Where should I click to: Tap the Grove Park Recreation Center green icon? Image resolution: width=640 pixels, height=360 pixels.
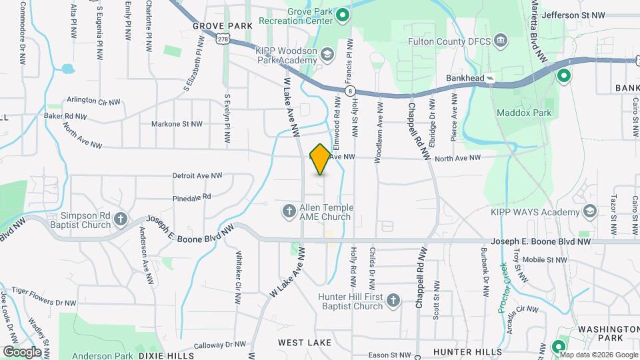(343, 15)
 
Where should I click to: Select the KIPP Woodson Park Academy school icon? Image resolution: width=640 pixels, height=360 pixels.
(327, 53)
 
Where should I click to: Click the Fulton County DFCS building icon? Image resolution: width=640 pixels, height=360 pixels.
(500, 41)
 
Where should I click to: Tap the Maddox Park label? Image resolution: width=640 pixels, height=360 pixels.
(524, 113)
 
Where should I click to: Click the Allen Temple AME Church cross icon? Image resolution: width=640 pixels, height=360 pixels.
(289, 211)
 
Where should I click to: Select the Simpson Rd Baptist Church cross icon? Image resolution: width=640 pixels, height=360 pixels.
(121, 219)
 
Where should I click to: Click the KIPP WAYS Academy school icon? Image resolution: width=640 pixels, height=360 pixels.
(589, 212)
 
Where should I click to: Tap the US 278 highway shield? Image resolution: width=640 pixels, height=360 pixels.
(223, 40)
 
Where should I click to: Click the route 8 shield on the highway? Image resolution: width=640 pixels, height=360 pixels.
(349, 90)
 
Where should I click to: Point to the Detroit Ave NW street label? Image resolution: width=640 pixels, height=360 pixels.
(197, 176)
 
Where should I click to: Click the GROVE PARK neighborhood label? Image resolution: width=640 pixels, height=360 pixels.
(222, 26)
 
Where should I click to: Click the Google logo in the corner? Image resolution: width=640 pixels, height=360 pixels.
(22, 351)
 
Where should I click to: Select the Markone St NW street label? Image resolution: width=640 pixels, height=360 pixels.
(177, 124)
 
